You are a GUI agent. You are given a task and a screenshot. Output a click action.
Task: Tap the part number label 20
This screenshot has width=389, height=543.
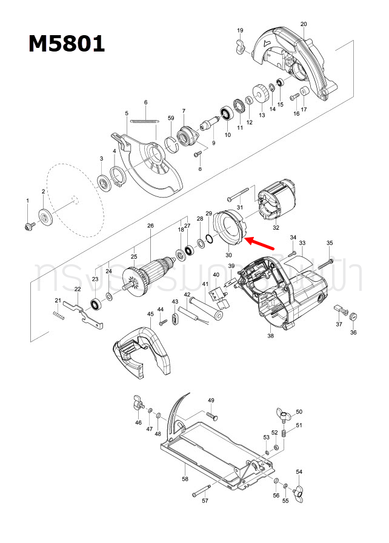(303, 24)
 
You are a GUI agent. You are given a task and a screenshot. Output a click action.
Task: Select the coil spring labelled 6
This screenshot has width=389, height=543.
(144, 121)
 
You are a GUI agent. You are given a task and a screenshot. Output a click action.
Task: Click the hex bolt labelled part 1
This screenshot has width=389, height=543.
(28, 225)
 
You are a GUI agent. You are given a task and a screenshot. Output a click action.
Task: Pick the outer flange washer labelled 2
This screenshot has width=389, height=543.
(44, 216)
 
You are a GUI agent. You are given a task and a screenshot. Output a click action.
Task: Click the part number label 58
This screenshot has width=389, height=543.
(185, 479)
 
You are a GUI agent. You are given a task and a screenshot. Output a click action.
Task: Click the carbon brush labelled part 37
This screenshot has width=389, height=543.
(337, 309)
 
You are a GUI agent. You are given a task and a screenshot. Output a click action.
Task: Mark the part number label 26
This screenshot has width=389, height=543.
(150, 226)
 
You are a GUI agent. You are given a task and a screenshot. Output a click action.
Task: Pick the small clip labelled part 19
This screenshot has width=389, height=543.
(239, 45)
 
